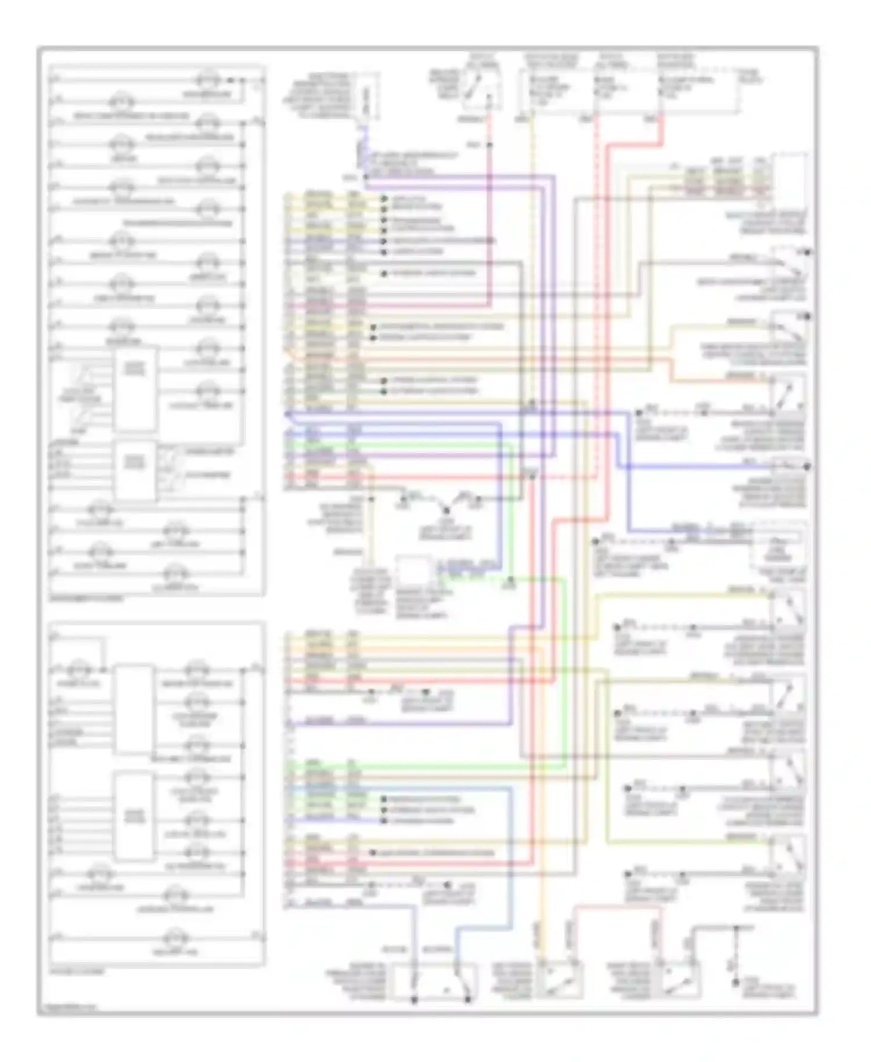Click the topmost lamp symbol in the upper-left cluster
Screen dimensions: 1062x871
(x=207, y=80)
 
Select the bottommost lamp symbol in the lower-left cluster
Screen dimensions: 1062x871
(x=172, y=937)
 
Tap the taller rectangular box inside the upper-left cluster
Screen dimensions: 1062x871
(x=135, y=389)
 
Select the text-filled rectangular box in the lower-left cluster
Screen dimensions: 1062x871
(x=134, y=816)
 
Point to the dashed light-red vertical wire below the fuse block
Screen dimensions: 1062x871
(x=595, y=290)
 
